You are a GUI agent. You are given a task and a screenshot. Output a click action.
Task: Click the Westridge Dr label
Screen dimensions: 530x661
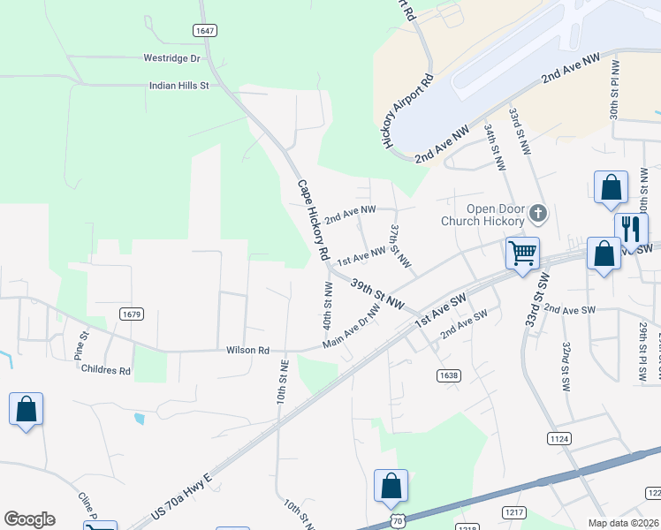click(172, 58)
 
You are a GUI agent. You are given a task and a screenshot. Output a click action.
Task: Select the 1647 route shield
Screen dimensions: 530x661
click(205, 31)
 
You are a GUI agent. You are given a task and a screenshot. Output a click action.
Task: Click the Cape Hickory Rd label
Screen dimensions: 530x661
click(313, 220)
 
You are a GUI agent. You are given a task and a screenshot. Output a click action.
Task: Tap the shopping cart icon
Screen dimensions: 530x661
click(522, 254)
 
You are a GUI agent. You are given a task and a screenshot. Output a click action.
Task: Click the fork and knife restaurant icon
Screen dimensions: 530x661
click(631, 229)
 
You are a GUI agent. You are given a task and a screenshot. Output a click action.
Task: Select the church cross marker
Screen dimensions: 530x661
click(538, 213)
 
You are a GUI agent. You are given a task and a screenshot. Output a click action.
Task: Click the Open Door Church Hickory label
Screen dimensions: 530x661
click(484, 215)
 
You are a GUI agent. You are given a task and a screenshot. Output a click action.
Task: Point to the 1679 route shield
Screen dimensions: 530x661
click(132, 314)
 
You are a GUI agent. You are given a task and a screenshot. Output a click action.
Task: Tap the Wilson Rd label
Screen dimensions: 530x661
click(247, 351)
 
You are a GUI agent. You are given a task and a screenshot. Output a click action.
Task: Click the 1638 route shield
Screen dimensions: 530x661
click(448, 375)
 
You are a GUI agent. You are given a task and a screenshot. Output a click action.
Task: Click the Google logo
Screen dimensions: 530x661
click(29, 519)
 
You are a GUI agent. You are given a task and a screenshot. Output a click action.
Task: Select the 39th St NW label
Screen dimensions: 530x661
click(376, 294)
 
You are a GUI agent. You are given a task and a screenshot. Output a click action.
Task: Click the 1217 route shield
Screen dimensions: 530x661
click(514, 512)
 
